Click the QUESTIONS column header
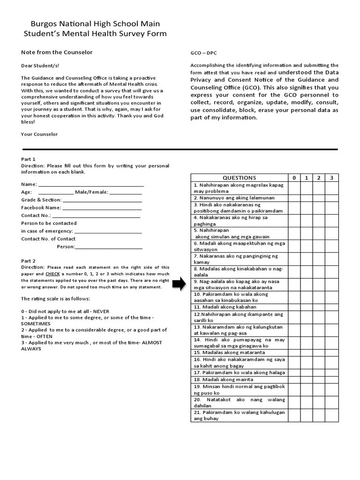coord(239,178)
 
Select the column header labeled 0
coord(294,178)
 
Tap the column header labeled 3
coord(331,178)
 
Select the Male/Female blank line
coord(126,193)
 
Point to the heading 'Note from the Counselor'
coord(57,52)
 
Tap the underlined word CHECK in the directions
coord(52,274)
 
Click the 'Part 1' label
coord(28,159)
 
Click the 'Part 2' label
coord(28,261)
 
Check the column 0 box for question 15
coord(294,352)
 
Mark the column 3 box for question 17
coord(331,372)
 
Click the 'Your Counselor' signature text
coord(39,134)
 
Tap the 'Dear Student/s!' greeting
coord(40,66)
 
